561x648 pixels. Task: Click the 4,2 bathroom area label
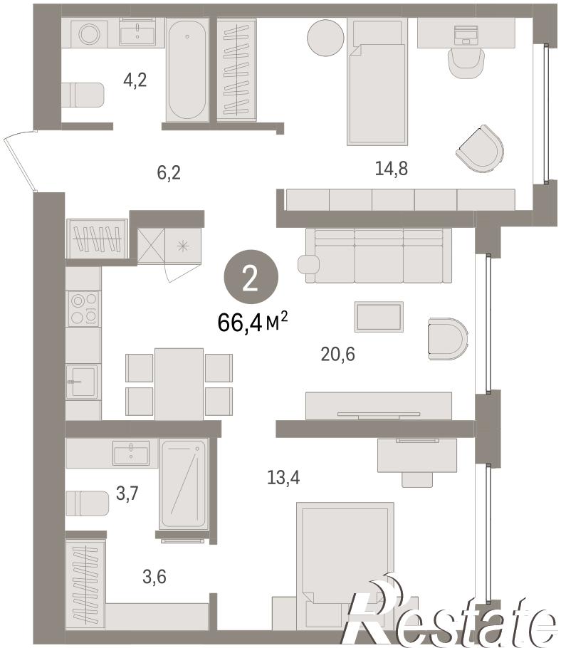pos(135,80)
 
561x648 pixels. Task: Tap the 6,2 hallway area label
pos(169,172)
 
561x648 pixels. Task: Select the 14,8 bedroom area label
pos(392,168)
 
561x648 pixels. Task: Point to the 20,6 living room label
pos(337,354)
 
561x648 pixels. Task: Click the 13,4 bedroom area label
pos(283,478)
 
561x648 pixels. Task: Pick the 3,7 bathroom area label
pos(127,493)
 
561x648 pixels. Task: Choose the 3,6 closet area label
pos(154,577)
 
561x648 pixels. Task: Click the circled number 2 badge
pos(251,277)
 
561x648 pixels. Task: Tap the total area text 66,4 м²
pos(253,323)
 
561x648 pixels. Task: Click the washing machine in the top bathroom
pos(89,34)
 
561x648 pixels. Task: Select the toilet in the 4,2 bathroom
pos(83,95)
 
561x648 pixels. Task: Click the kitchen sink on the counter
pos(82,382)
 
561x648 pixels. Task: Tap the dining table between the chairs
pos(179,384)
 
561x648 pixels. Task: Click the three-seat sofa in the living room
pos(379,256)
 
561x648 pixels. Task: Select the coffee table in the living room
pos(379,317)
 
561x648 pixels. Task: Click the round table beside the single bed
pos(325,37)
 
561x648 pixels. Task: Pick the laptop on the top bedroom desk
pos(466,35)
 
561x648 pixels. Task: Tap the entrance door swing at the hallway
pos(20,160)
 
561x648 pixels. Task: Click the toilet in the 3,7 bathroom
pos(87,503)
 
